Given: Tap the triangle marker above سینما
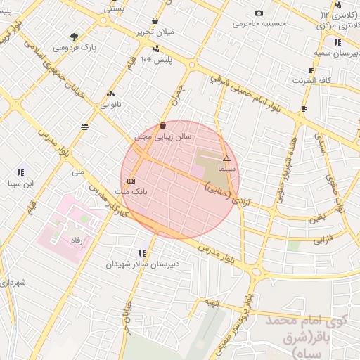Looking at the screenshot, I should (226, 159).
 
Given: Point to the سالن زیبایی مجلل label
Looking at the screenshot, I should (163, 137).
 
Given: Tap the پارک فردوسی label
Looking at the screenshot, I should (74, 46).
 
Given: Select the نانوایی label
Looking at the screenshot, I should (111, 104).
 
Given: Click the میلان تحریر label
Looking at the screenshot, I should (154, 32).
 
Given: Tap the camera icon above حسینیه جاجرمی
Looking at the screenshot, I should (259, 13).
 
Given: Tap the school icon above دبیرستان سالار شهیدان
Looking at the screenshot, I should (143, 253).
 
